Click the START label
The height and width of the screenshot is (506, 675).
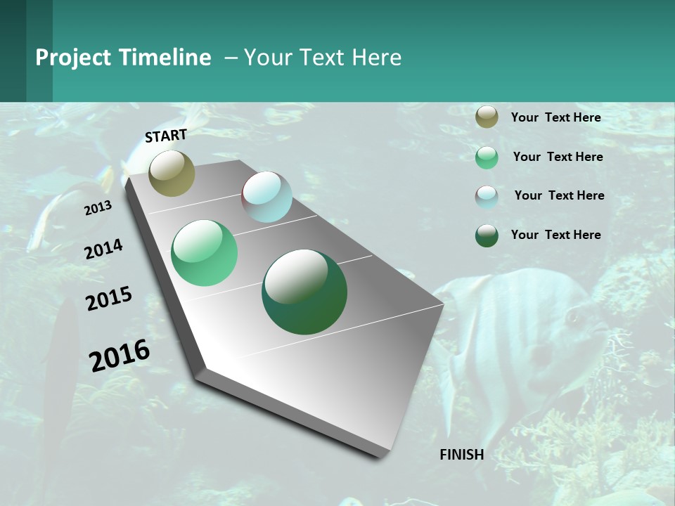[x=166, y=136]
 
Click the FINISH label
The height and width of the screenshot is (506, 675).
[x=461, y=455]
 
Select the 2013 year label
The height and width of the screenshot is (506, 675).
[x=98, y=208]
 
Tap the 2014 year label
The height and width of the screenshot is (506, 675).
[x=103, y=249]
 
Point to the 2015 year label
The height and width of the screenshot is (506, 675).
[x=109, y=299]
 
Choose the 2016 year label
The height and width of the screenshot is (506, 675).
[x=120, y=356]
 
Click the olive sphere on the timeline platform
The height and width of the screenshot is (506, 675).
[x=172, y=173]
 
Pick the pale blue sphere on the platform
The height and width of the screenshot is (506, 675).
[x=266, y=197]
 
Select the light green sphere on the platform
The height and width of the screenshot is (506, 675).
[x=204, y=253]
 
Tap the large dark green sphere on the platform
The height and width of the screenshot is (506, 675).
[x=304, y=292]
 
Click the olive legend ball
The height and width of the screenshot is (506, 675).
[x=487, y=117]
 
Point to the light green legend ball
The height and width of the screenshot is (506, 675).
[x=487, y=157]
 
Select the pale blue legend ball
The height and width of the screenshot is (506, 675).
[x=487, y=197]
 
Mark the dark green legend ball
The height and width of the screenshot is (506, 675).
[x=487, y=235]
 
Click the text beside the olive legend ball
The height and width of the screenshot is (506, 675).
[x=555, y=118]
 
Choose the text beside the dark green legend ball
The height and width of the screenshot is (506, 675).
[x=555, y=235]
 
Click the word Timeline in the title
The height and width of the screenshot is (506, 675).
[x=165, y=58]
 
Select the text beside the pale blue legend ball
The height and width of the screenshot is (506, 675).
[x=559, y=195]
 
